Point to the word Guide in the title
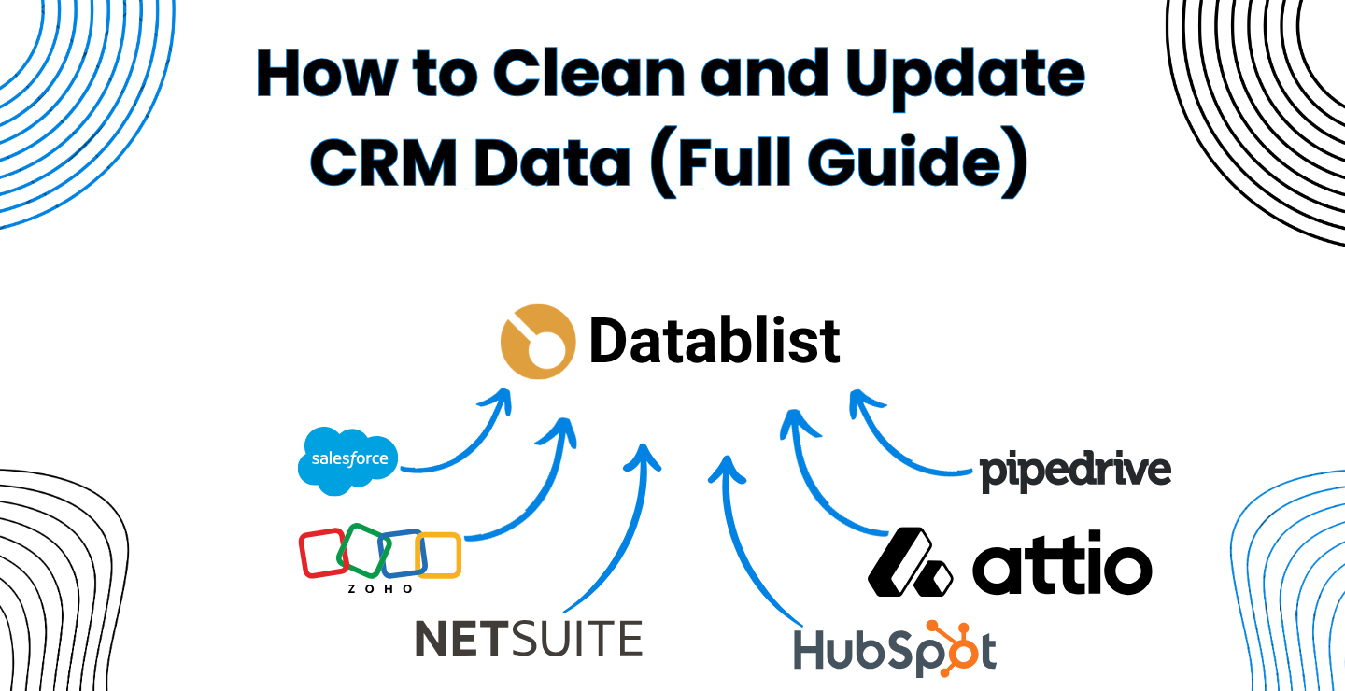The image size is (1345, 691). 920,161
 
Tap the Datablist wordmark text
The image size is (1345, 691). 715,342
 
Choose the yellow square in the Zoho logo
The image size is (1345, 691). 439,555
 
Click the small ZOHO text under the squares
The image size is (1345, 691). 380,589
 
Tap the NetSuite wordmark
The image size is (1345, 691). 529,638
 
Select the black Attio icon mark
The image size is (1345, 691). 909,562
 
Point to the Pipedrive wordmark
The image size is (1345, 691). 1075,471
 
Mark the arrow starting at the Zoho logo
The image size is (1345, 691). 532,495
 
